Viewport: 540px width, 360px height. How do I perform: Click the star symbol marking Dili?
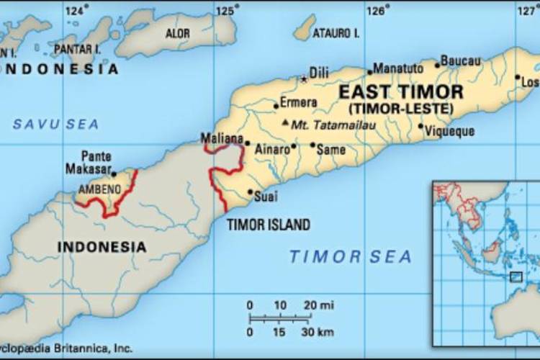(x=303, y=78)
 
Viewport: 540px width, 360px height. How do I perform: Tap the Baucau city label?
(x=460, y=60)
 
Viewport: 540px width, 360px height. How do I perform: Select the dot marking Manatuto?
(x=370, y=72)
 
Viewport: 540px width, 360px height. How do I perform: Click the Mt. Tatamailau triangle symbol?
(x=286, y=123)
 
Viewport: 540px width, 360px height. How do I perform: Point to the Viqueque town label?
(x=449, y=132)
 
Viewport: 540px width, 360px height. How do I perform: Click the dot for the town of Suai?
(x=250, y=192)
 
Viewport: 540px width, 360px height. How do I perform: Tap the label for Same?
(x=331, y=150)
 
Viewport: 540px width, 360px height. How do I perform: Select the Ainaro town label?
(x=272, y=150)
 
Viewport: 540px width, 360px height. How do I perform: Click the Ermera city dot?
(x=276, y=106)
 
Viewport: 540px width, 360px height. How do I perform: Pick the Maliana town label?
(x=221, y=138)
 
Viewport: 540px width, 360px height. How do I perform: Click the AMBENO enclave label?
(x=99, y=189)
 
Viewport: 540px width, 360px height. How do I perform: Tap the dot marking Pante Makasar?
(x=113, y=174)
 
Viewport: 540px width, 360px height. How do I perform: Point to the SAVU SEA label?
(x=55, y=125)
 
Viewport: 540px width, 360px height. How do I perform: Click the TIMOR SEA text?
(x=350, y=256)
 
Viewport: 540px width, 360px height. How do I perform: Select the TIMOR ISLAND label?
(x=269, y=225)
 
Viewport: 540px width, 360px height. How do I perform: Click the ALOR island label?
(x=178, y=34)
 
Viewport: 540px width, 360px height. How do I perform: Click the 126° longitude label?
(x=377, y=10)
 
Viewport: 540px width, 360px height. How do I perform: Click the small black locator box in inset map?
(x=516, y=276)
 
